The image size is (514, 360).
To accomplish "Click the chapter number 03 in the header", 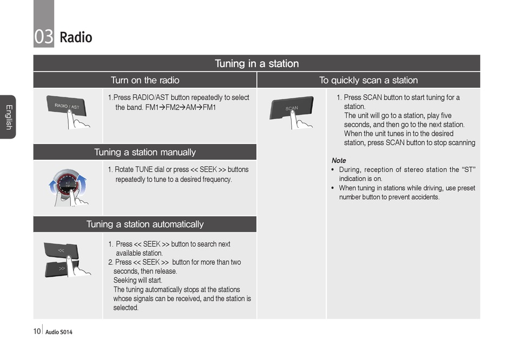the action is [44, 37].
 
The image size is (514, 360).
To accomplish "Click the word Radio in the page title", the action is [76, 37].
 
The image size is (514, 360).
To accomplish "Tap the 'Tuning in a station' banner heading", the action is [256, 63].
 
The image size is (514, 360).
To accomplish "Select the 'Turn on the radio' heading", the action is [145, 80].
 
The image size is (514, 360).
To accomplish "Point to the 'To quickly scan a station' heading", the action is [368, 80].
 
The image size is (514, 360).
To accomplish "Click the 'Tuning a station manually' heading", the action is [145, 152].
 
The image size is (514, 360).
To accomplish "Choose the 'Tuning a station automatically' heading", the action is [145, 224].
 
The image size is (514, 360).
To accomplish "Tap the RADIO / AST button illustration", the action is [67, 106].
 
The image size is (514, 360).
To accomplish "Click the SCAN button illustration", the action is [291, 108].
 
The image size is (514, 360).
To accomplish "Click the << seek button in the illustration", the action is [61, 251].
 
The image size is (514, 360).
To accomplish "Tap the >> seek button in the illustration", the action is [61, 269].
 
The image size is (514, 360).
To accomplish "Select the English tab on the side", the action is [9, 117].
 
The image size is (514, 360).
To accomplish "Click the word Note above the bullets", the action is [339, 160].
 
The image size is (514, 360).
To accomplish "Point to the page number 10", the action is [37, 331].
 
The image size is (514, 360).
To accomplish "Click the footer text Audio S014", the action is [58, 332].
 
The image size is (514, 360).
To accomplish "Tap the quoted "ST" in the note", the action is [469, 169].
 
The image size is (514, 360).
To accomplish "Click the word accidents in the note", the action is [426, 197].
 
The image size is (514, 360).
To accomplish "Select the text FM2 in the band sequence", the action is [173, 107].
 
